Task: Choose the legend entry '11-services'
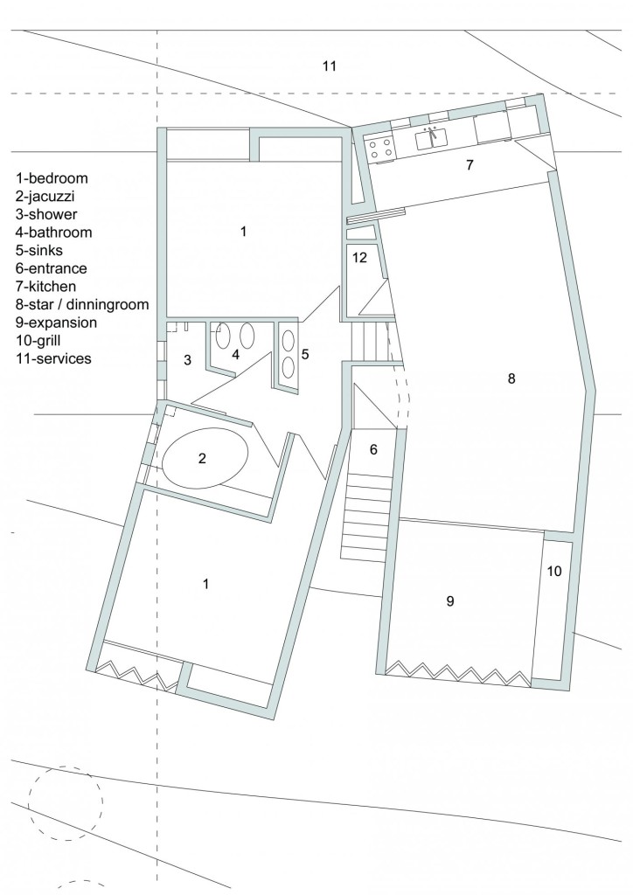pyautogui.click(x=52, y=358)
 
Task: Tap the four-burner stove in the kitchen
pyautogui.click(x=379, y=148)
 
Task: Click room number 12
pyautogui.click(x=359, y=258)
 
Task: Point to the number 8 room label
pyautogui.click(x=511, y=378)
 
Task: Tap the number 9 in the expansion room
pyautogui.click(x=449, y=600)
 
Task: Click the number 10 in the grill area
pyautogui.click(x=554, y=571)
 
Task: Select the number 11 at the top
pyautogui.click(x=329, y=66)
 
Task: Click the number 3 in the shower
pyautogui.click(x=187, y=359)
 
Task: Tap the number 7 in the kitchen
pyautogui.click(x=470, y=164)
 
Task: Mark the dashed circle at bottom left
pyautogui.click(x=66, y=802)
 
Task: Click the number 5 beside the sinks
pyautogui.click(x=304, y=355)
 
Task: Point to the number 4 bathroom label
pyautogui.click(x=234, y=355)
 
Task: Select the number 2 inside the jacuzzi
pyautogui.click(x=202, y=457)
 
